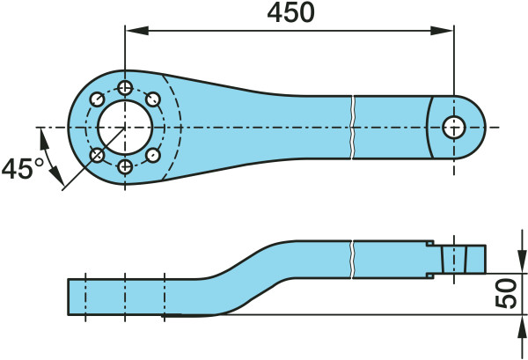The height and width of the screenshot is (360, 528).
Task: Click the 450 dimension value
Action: click(x=290, y=13)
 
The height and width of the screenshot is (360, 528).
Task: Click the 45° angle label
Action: click(x=23, y=168)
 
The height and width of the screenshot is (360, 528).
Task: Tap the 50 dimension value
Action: click(x=506, y=293)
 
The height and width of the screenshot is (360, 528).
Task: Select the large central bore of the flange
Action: click(x=125, y=128)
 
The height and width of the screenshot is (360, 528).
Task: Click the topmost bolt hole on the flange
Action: click(x=125, y=88)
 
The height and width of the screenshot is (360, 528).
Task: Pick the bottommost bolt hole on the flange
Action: click(x=125, y=166)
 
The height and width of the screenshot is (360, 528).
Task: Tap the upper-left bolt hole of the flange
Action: click(x=98, y=99)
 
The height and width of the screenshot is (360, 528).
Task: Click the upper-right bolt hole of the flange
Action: click(x=153, y=99)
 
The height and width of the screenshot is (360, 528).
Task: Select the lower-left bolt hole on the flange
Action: click(x=98, y=155)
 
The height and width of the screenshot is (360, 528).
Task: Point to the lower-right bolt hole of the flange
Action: click(x=153, y=155)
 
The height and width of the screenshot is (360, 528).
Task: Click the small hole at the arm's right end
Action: click(x=453, y=128)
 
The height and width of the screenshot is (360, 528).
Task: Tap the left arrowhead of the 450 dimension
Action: click(x=137, y=31)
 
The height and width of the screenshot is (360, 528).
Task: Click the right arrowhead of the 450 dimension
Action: click(x=442, y=31)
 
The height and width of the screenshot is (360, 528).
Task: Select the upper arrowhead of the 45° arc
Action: click(x=44, y=141)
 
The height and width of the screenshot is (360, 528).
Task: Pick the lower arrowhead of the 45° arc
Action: click(x=56, y=177)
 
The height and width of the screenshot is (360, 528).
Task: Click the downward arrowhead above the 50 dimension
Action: click(x=522, y=261)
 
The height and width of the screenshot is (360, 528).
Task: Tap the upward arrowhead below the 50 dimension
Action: click(x=522, y=327)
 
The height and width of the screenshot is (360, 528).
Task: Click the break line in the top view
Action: click(x=352, y=128)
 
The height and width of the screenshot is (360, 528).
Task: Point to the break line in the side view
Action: click(x=352, y=260)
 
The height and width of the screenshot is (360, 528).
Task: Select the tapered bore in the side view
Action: click(x=453, y=260)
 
